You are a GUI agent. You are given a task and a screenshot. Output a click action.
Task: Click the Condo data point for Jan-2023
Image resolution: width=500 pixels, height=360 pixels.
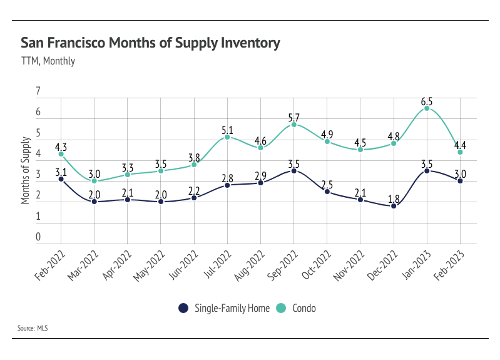pos(427,108)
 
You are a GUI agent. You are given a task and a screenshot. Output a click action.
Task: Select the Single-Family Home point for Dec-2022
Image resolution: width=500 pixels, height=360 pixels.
pos(394,206)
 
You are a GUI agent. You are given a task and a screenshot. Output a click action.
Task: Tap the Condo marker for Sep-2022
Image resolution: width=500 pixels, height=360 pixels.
pos(293,125)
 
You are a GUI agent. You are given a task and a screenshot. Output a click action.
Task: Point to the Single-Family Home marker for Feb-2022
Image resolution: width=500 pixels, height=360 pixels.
pos(61,179)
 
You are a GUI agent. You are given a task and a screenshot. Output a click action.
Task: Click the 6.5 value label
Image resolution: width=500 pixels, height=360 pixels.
pos(427,99)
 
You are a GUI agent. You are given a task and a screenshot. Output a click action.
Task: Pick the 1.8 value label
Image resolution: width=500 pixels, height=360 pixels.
pos(394,197)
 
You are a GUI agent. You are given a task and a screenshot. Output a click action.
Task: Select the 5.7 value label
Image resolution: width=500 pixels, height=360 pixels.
pos(293,115)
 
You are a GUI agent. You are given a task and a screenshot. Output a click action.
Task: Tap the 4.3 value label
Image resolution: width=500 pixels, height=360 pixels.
pos(61,145)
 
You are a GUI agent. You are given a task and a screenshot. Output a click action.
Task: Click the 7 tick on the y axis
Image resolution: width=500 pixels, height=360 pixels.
pos(38,91)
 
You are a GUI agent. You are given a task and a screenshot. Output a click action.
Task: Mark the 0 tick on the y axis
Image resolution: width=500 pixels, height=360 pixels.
pos(38,237)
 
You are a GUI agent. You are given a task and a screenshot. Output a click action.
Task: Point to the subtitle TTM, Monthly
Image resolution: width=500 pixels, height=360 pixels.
pos(48,61)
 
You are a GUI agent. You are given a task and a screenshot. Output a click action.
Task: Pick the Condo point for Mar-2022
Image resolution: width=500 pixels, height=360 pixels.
pos(94,181)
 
